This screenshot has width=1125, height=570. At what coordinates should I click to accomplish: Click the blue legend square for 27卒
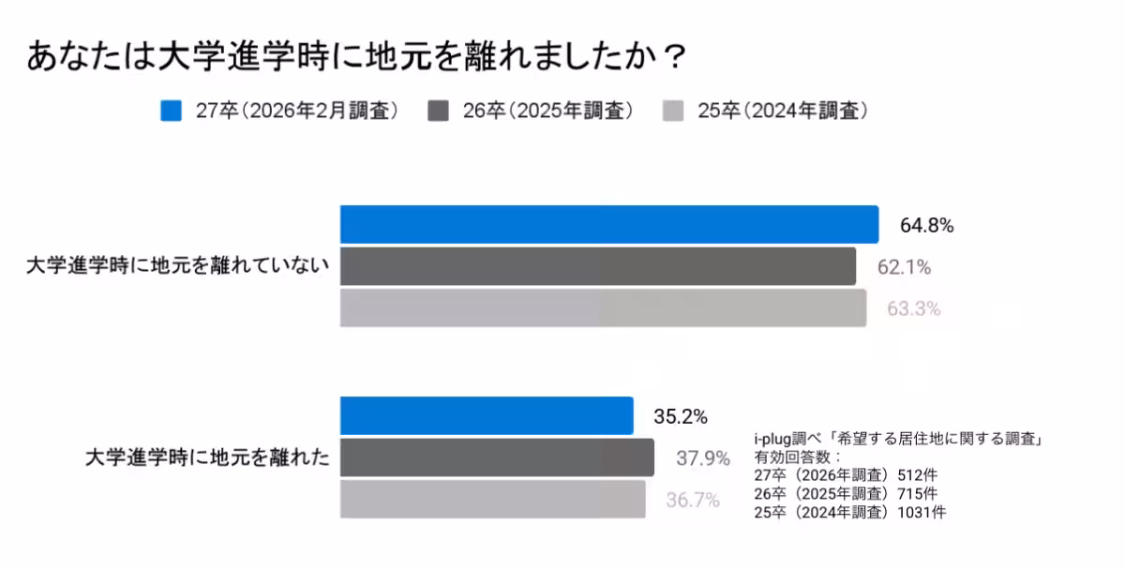click(x=171, y=111)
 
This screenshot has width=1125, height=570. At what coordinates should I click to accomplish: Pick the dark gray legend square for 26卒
click(x=438, y=111)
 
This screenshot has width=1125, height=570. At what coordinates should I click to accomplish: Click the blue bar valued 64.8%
click(x=608, y=225)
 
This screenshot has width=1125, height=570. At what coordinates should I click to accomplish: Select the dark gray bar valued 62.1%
click(x=597, y=266)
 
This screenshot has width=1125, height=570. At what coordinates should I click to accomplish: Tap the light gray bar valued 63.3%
click(x=602, y=307)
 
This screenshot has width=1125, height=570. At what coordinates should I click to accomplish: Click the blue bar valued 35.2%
click(x=486, y=415)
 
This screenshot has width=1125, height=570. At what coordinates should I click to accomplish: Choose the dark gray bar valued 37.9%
click(x=496, y=457)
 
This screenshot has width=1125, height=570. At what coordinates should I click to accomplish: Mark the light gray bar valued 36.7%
click(x=492, y=499)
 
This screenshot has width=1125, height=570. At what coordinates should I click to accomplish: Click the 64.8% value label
click(x=926, y=226)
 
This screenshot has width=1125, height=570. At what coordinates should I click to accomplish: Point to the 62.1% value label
click(x=904, y=267)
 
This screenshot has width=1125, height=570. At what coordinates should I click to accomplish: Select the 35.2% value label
click(x=680, y=416)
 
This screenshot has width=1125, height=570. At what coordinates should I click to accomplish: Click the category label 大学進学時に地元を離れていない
click(x=178, y=266)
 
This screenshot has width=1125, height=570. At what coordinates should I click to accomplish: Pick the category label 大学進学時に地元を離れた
click(x=207, y=458)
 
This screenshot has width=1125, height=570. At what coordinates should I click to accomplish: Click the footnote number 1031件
click(x=930, y=512)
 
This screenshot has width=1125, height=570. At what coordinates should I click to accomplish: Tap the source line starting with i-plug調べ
click(x=899, y=439)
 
